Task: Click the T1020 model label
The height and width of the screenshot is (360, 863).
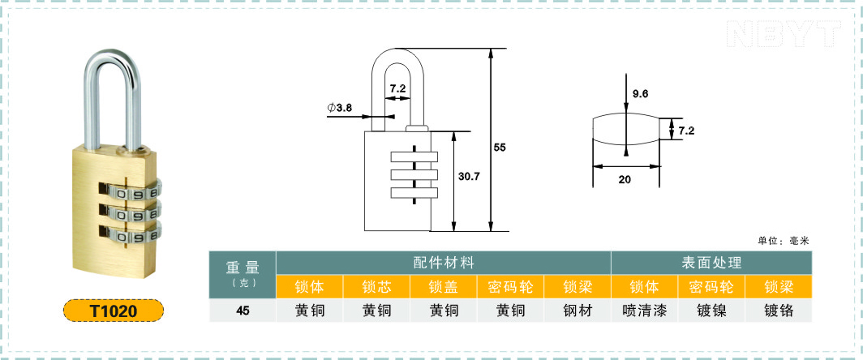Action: coord(114,311)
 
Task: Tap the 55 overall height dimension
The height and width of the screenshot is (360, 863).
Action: coord(499,148)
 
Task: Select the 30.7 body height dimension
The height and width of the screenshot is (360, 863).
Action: coord(470,177)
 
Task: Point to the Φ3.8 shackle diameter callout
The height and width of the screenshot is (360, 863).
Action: coord(340,108)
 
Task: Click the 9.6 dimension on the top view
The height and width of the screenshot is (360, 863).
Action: coord(640,93)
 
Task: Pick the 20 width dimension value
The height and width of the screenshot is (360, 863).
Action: coord(625,179)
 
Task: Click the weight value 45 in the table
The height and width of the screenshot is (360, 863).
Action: coord(243,311)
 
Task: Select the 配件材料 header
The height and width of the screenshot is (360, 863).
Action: coord(444,263)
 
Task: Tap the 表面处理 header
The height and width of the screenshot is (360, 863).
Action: coord(711,263)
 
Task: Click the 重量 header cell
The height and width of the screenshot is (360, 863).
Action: coord(243,273)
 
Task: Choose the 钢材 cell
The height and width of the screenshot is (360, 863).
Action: coord(577,311)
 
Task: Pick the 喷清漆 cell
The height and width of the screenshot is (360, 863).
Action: coord(645,311)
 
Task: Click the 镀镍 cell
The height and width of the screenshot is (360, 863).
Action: coord(711,311)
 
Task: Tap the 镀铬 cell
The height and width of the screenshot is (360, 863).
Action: coord(779,311)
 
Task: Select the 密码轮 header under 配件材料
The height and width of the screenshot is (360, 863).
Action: coord(510,287)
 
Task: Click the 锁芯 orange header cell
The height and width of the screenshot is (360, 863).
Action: coord(376,287)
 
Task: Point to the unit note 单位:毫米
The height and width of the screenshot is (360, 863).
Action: coord(784,241)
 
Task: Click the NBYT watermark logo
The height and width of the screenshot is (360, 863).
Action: coord(784,33)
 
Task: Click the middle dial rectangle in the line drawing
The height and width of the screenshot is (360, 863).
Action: coord(414,175)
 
